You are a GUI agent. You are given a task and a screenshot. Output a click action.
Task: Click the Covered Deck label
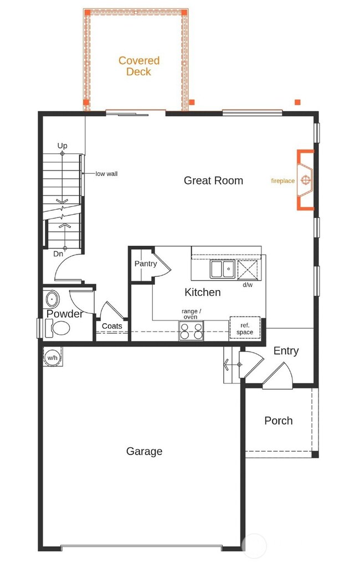click(x=138, y=66)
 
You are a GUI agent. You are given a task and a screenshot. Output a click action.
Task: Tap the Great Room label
click(x=213, y=180)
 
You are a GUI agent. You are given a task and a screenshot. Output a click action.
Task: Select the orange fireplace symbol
click(x=305, y=180)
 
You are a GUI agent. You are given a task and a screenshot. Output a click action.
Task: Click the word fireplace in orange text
click(x=282, y=180)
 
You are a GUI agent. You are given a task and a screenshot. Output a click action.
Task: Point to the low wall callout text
click(x=106, y=174)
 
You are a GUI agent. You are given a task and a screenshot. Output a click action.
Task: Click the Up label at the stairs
click(x=63, y=146)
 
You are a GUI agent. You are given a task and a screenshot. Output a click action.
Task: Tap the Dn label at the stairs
click(x=58, y=253)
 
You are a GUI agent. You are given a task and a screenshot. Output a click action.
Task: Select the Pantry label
click(x=145, y=263)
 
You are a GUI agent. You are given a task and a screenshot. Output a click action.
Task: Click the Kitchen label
click(x=203, y=292)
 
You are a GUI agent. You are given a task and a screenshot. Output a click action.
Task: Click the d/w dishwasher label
click(x=248, y=286)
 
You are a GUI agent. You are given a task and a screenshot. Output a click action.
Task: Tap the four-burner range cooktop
click(x=191, y=331)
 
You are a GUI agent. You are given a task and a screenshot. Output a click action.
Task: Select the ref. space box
click(x=244, y=329)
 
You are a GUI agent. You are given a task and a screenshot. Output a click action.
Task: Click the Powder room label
click(x=64, y=314)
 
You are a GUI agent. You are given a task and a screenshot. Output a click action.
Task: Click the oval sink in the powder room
click(x=52, y=299)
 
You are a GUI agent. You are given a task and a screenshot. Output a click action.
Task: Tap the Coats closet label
click(x=112, y=326)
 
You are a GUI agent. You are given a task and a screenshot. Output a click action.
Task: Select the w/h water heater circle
click(x=52, y=357)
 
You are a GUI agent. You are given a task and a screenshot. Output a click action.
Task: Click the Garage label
click(x=144, y=451)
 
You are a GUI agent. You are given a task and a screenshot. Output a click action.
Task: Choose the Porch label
click(x=278, y=421)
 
